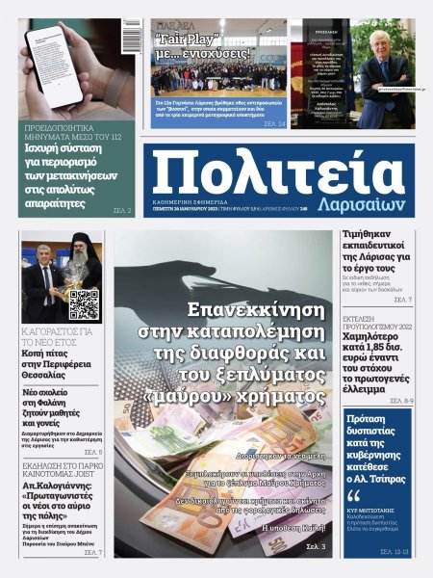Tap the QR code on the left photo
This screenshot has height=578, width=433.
point(84,304)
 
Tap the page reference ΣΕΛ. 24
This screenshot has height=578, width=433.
point(273,122)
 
